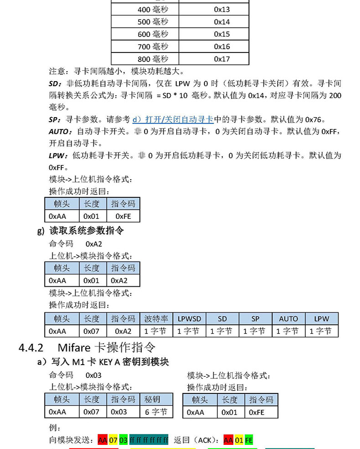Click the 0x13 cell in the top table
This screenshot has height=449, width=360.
coord(222,10)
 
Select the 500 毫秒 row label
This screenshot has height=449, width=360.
coord(153,22)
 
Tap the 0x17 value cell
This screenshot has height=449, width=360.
coord(222,59)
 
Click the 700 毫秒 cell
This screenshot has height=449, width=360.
coord(153,46)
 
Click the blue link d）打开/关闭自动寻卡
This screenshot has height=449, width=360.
coord(173,120)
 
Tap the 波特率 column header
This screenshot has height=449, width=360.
coord(156,319)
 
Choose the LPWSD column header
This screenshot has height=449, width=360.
coord(189,319)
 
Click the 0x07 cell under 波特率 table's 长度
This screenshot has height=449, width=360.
coord(92,331)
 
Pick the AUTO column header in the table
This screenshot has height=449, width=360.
coord(288,319)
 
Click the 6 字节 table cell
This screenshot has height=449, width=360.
coord(156,412)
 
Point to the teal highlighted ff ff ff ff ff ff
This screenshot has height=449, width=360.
coord(149,440)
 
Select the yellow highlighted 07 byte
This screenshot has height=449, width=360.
coord(113,440)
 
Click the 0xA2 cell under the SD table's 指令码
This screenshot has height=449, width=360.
coord(123,331)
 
